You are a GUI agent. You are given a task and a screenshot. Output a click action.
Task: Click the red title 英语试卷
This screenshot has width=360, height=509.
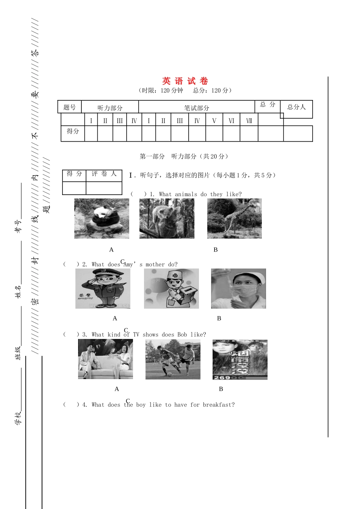click(185, 81)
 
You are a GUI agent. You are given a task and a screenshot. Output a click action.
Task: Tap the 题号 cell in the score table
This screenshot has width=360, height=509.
click(69, 107)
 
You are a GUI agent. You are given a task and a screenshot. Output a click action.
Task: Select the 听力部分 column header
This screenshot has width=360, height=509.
click(110, 108)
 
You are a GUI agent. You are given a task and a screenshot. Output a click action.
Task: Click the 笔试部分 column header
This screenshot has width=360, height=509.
click(197, 108)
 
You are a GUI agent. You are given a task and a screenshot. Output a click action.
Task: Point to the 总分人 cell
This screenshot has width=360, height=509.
click(296, 107)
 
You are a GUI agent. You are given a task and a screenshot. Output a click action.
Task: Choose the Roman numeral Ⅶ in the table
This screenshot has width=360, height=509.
click(249, 121)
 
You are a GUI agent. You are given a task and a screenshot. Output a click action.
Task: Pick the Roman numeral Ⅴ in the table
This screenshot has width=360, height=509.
click(214, 121)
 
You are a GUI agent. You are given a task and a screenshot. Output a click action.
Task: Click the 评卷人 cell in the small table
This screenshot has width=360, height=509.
click(104, 174)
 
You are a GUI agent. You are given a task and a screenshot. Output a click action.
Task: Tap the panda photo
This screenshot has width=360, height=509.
click(102, 219)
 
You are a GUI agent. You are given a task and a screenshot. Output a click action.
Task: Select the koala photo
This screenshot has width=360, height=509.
click(167, 219)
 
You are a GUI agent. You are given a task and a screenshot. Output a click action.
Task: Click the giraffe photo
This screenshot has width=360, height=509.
click(234, 219)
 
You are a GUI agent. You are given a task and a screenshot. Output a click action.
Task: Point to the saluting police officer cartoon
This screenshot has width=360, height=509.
click(103, 289)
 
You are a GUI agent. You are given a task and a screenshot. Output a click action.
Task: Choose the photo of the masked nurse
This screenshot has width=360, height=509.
click(238, 289)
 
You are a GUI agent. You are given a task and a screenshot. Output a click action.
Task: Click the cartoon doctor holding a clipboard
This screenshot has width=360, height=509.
click(171, 289)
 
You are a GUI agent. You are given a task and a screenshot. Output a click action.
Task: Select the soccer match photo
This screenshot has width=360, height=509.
click(173, 359)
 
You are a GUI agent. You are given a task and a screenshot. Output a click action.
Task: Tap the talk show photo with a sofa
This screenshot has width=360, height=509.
click(105, 359)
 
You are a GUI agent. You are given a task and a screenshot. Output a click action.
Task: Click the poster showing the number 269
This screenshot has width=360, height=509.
click(240, 359)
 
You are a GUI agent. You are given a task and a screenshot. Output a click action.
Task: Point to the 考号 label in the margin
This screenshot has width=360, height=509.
click(18, 226)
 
